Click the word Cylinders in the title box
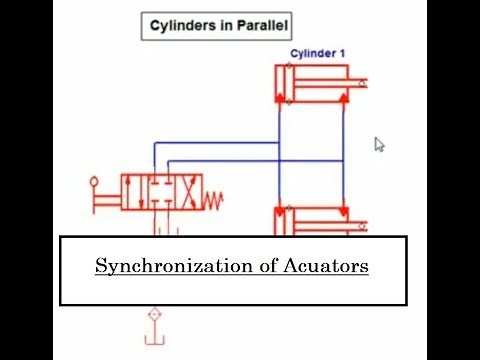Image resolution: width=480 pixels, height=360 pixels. [181, 23]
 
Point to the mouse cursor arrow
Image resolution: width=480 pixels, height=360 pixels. [379, 144]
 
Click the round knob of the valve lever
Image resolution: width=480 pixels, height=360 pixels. [95, 183]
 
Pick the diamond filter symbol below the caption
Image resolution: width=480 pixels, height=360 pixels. [154, 315]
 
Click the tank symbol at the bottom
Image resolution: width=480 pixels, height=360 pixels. [154, 340]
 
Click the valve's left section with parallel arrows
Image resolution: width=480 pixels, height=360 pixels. [134, 190]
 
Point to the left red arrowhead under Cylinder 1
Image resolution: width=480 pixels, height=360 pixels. [281, 98]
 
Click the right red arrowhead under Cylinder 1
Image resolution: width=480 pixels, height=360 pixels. [342, 98]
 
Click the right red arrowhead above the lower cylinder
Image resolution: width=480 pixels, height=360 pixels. [342, 211]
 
